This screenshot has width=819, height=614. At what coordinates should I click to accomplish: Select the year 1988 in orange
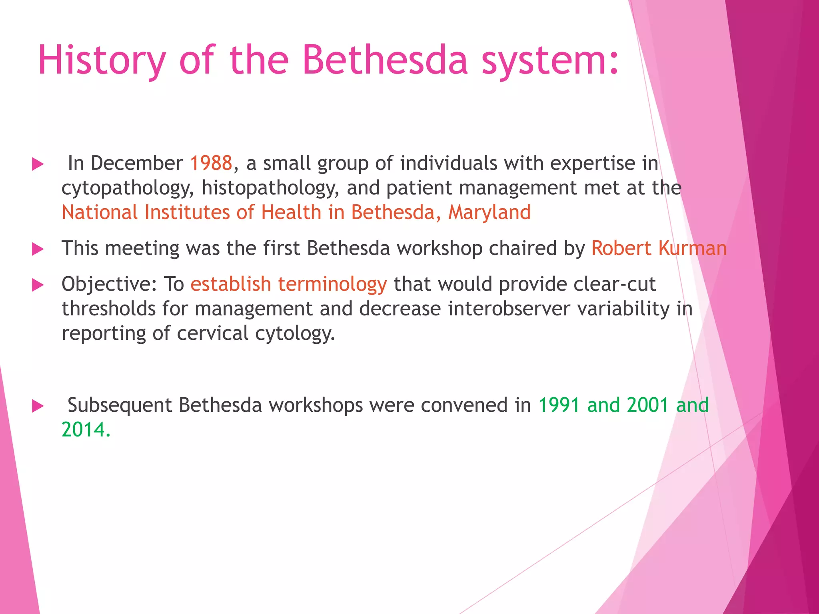[x=211, y=163]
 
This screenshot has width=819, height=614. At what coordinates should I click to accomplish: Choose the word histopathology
[x=270, y=188]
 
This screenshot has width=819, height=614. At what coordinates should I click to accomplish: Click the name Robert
[x=621, y=248]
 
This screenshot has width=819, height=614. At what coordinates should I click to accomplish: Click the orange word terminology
[x=332, y=284]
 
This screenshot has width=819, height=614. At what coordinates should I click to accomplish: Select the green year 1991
[x=559, y=405]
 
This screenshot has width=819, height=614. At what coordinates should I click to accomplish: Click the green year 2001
[x=648, y=405]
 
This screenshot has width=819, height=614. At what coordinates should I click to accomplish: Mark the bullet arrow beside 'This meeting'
[x=38, y=249]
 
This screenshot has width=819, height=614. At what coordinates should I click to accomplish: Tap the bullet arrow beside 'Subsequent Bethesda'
[x=38, y=406]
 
